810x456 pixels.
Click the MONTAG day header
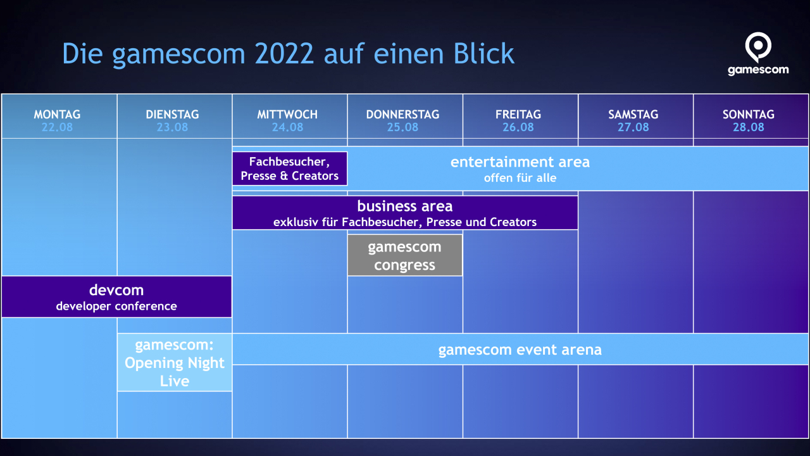58,115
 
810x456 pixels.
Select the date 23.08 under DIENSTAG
172,127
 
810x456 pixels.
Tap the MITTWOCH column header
287,115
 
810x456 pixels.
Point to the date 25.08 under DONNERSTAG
402,127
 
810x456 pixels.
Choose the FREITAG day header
518,115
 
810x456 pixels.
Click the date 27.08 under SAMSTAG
633,127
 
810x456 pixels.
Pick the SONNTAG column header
749,115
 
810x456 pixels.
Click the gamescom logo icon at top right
757,47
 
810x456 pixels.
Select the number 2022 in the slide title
284,54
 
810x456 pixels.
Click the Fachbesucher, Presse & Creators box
290,168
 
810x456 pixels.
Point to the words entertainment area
520,162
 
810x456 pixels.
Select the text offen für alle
520,178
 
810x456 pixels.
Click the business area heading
405,206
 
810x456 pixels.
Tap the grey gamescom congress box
405,255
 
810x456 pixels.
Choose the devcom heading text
116,290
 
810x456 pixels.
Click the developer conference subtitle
116,307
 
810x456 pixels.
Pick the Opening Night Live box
175,363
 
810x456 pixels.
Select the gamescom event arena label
520,350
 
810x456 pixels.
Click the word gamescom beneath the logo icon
758,70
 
